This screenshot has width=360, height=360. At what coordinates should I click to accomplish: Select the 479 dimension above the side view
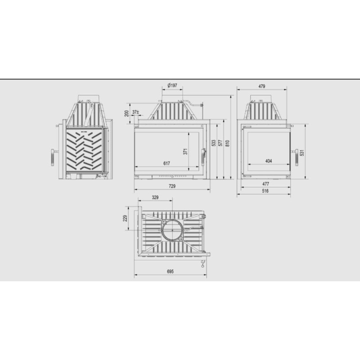tap(262, 85)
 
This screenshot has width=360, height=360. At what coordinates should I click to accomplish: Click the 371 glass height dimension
tap(184, 152)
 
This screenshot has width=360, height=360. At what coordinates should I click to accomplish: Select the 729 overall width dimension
tap(171, 185)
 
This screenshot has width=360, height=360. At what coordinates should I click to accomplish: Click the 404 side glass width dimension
tap(268, 161)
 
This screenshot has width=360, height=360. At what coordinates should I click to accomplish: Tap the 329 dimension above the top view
tap(155, 197)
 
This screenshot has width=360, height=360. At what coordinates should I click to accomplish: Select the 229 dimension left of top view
tap(126, 218)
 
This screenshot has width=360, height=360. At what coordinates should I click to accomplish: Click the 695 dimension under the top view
tap(170, 272)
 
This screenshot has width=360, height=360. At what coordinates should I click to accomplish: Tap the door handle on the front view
tap(202, 157)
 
